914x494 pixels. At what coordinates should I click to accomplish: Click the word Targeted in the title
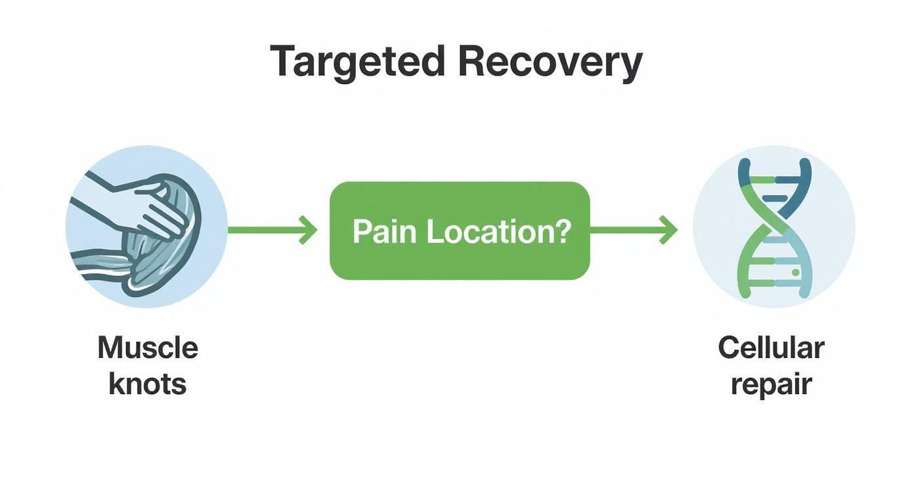[x=357, y=62]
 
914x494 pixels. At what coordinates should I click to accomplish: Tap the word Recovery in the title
[x=550, y=62]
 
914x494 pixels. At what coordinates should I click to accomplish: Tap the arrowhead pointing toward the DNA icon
[x=669, y=230]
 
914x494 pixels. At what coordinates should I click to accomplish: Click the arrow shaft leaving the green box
[x=624, y=230]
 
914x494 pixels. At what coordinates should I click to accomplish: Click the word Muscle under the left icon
[x=148, y=348]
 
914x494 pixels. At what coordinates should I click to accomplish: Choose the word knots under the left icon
[x=148, y=384]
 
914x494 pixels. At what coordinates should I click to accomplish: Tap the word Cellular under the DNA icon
[x=771, y=348]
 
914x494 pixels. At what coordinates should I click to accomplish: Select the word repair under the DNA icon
[x=771, y=384]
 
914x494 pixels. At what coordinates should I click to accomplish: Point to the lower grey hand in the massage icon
[x=105, y=263]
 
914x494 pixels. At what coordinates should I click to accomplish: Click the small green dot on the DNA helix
[x=795, y=272]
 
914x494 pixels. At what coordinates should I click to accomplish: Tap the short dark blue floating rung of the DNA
[x=775, y=197]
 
